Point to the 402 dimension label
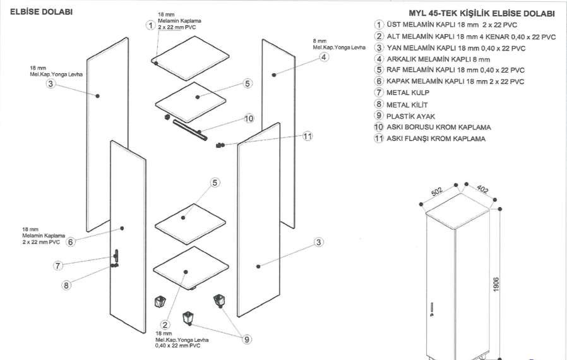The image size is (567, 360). (482, 189)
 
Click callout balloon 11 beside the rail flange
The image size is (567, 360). (307, 136)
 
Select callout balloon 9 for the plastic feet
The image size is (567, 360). (247, 339)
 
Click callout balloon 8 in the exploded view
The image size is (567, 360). (66, 285)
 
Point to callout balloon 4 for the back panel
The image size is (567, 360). (323, 57)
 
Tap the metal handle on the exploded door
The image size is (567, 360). (116, 256)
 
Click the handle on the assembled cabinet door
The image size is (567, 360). (432, 308)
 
